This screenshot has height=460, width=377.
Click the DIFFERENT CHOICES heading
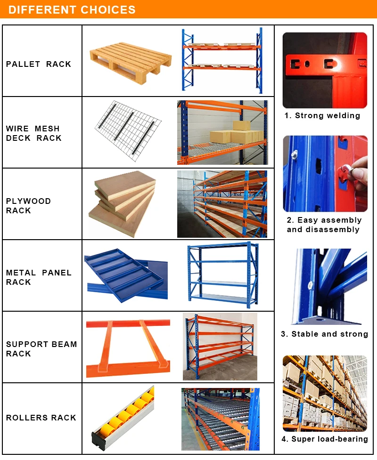click(x=72, y=10)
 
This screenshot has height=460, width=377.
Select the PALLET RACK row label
click(x=39, y=64)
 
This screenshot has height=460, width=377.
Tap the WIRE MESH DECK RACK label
click(x=34, y=133)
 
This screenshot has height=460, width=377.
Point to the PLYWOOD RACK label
click(x=28, y=206)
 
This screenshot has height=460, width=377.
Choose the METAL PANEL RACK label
click(x=39, y=277)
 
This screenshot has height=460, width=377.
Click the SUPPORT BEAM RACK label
click(x=41, y=349)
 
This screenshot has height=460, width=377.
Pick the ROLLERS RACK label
click(x=41, y=418)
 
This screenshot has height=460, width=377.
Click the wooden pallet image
click(x=131, y=62)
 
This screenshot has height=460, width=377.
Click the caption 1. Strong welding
click(x=322, y=115)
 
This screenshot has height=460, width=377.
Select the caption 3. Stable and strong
click(x=324, y=334)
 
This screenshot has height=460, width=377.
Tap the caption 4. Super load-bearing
click(x=325, y=439)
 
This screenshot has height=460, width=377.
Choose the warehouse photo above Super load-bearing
click(x=325, y=393)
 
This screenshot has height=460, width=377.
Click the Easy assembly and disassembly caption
click(x=324, y=225)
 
